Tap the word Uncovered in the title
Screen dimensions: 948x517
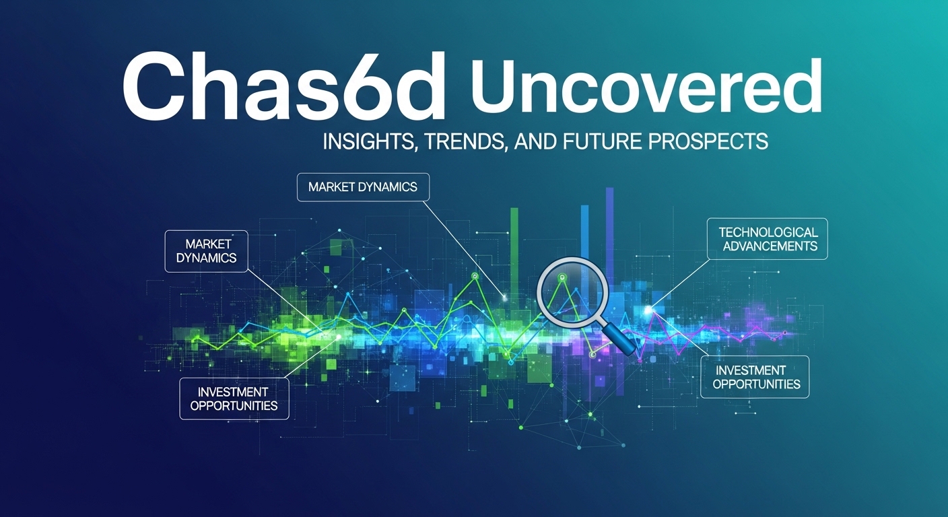646,87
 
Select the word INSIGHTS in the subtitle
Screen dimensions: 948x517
368,141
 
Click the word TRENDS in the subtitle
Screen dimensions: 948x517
465,141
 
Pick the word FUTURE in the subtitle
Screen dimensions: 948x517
601,141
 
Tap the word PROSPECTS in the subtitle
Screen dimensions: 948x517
708,141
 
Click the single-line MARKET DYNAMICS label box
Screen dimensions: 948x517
363,187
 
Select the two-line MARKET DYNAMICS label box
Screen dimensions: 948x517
206,251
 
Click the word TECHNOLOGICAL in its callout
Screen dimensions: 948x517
768,232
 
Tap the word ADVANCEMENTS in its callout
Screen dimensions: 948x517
770,246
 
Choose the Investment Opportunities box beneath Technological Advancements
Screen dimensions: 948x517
755,377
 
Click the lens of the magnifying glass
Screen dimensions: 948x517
572,293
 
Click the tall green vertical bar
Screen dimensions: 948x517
514,254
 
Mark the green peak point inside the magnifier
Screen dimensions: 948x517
562,277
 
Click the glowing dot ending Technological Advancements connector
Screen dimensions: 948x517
648,310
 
